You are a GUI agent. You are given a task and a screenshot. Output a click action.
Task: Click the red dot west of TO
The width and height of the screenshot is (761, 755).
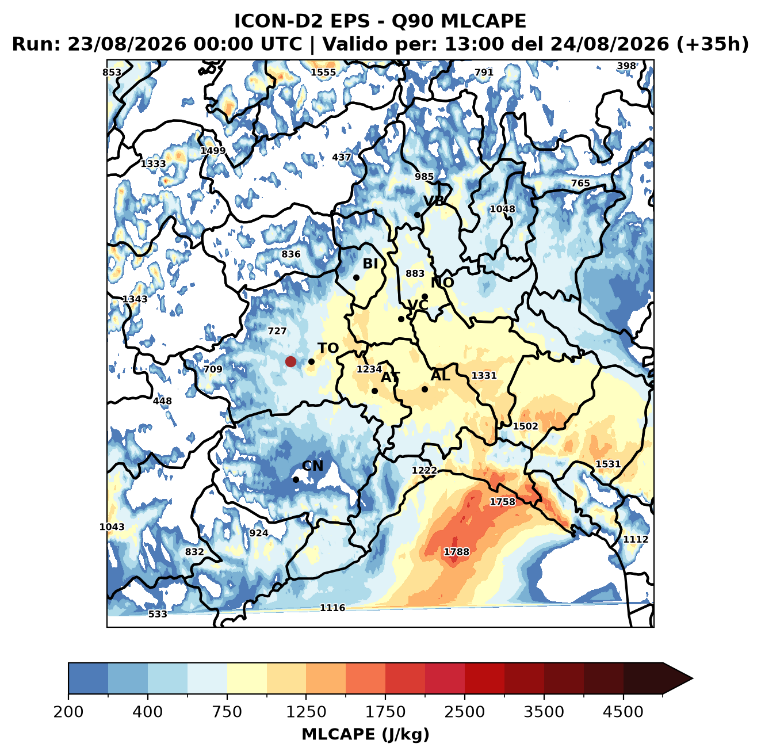tap(290, 361)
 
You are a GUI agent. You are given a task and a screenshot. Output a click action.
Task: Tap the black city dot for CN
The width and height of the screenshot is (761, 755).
tap(296, 479)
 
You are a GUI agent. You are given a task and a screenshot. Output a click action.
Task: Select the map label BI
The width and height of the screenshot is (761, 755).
tap(370, 264)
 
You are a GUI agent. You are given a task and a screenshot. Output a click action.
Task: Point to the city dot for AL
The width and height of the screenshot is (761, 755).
tap(425, 389)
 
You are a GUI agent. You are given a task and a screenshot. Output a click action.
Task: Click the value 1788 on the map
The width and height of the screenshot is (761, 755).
tap(457, 551)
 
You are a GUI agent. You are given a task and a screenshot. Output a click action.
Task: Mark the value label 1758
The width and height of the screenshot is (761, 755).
tap(503, 502)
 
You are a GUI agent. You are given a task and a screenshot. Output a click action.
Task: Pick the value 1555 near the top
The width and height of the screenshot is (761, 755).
tap(323, 73)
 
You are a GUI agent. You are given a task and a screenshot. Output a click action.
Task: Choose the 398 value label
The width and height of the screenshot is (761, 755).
tap(626, 66)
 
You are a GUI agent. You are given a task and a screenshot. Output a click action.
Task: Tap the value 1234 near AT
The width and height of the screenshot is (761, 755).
tap(369, 369)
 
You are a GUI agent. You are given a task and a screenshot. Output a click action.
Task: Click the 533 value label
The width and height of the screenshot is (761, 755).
tap(158, 613)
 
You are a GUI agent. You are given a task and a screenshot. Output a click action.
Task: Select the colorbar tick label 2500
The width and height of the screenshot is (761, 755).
tap(464, 711)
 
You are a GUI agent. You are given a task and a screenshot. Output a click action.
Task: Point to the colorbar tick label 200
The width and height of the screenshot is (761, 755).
tap(68, 711)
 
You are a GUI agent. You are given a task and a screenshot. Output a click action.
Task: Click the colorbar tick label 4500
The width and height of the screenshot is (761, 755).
tap(623, 711)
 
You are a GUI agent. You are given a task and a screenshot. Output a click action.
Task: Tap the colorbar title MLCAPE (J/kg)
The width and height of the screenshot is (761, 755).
tap(365, 734)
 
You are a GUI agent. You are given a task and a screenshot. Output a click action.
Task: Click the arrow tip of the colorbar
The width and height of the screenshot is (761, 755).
tap(693, 678)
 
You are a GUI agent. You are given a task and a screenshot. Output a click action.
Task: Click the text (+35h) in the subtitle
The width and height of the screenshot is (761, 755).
tap(713, 44)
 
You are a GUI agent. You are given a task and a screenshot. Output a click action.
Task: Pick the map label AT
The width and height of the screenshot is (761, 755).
tap(390, 377)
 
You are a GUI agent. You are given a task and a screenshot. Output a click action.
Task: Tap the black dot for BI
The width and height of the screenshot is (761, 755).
tap(356, 278)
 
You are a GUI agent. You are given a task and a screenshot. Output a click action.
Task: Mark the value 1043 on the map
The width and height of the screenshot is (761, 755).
tap(112, 527)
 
